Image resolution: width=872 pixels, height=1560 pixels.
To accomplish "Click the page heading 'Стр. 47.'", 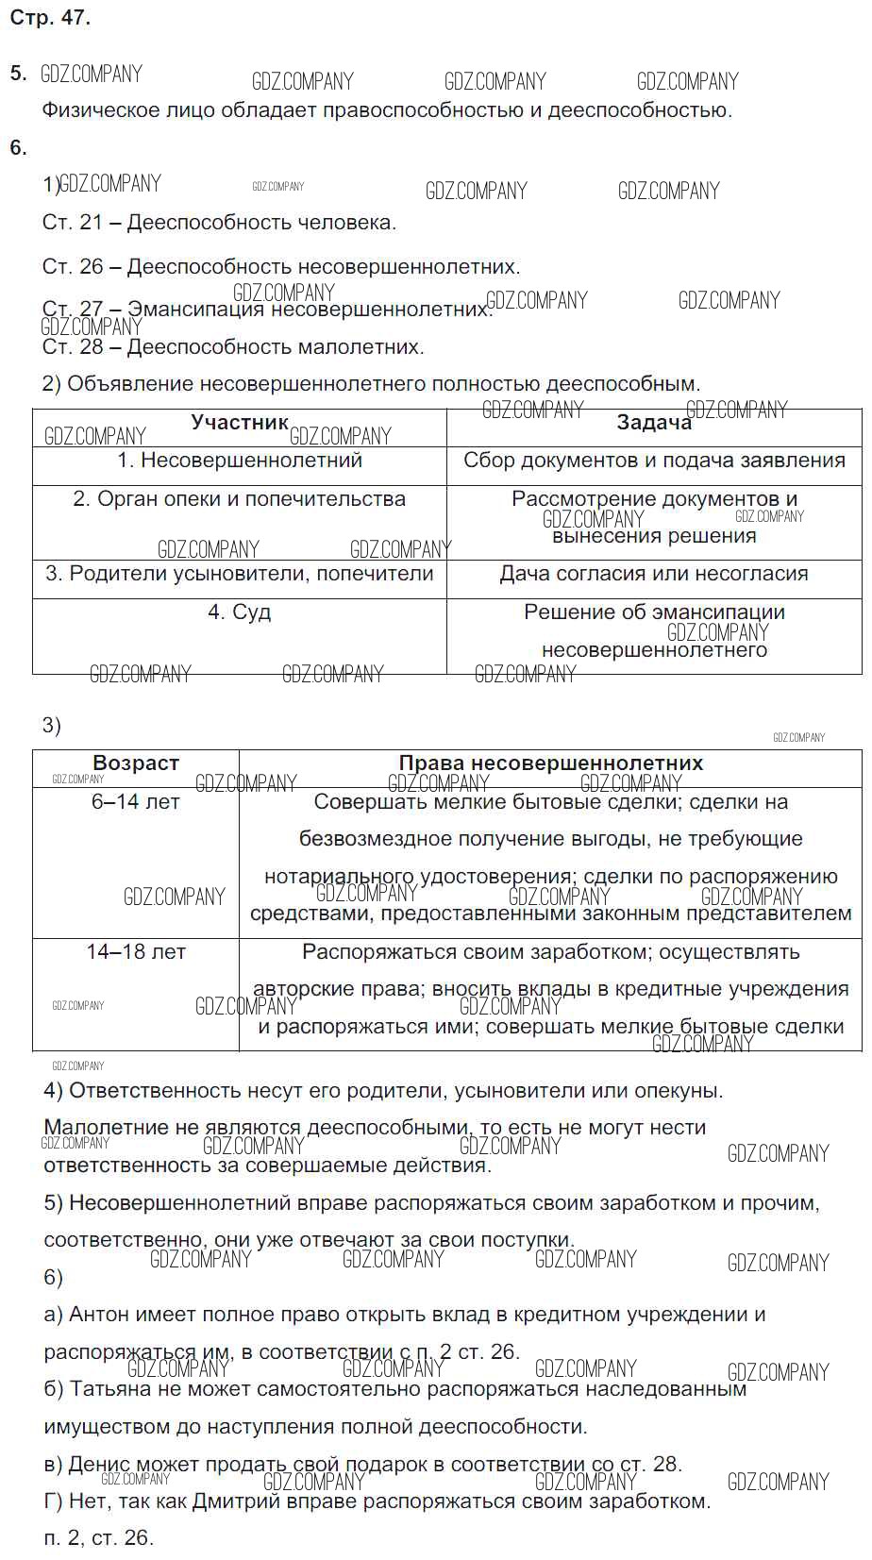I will (49, 18).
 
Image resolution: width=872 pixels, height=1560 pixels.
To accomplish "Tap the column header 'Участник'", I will (239, 422).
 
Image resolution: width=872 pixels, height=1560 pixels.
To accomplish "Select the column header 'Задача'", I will (654, 423).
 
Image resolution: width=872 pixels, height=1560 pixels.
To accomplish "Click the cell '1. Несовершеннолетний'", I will (240, 461).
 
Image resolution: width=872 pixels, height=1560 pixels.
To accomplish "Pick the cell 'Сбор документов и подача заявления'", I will (654, 461).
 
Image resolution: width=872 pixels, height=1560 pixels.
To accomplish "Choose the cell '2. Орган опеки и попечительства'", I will (240, 498).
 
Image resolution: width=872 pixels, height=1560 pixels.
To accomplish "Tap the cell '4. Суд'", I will (240, 612).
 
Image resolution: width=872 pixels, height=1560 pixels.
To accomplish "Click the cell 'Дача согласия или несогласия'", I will (654, 574).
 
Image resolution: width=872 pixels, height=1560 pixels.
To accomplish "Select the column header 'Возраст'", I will (136, 763).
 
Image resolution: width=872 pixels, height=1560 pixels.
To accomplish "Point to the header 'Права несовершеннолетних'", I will (550, 763).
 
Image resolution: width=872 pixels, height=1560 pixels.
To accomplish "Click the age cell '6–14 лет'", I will (136, 801).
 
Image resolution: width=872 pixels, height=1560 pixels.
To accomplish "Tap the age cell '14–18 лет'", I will (136, 951).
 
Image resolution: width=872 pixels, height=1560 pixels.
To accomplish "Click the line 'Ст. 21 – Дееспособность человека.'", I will (219, 223).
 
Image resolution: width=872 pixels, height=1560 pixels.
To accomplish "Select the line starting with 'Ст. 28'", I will (233, 347).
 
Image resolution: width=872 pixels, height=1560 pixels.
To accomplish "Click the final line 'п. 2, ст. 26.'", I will (98, 1538).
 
